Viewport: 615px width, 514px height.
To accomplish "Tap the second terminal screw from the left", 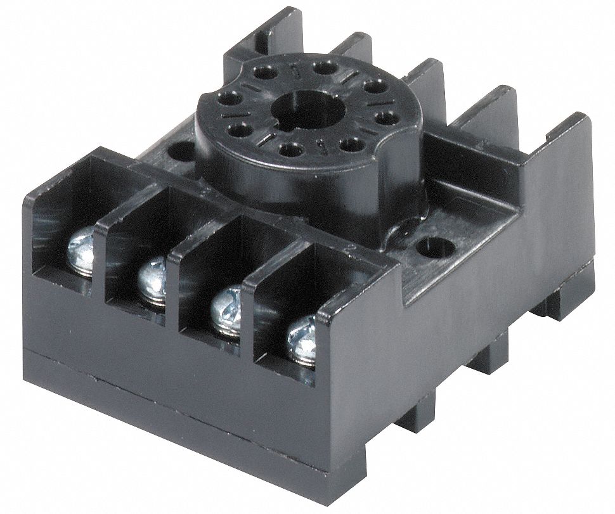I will tap(152, 278).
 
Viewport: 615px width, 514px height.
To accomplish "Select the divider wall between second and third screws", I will tap(179, 273).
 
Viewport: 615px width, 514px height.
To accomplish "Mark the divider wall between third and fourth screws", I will tap(251, 304).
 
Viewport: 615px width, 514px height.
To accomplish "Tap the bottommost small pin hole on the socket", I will tap(289, 150).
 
